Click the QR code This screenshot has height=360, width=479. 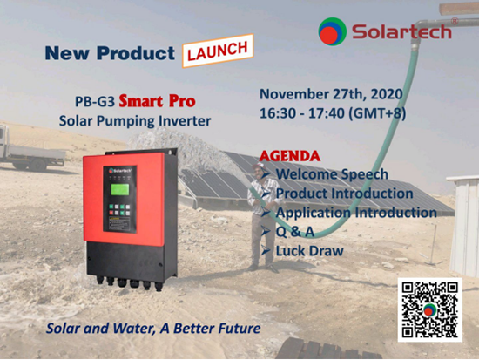(430, 309)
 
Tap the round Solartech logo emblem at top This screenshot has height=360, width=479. (333, 31)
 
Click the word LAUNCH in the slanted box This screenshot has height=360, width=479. (218, 51)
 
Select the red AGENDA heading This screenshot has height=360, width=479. (290, 156)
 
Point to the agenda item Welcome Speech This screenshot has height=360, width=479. (332, 174)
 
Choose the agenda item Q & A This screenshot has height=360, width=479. (294, 232)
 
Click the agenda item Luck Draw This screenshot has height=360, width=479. (310, 251)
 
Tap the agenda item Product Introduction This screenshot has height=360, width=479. (345, 194)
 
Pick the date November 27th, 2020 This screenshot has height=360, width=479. (331, 94)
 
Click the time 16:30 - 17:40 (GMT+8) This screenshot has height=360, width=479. (333, 113)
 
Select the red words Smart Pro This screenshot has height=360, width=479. (157, 101)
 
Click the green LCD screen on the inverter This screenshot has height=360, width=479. (120, 190)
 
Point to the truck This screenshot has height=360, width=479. (32, 149)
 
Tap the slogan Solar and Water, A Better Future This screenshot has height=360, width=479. (153, 329)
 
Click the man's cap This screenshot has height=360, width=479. (259, 166)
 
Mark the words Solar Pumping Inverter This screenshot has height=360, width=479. (135, 121)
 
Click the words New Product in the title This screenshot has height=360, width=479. (110, 52)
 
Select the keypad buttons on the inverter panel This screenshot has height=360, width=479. (119, 210)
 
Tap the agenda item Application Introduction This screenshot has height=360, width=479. (356, 213)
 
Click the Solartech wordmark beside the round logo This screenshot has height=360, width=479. (401, 31)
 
